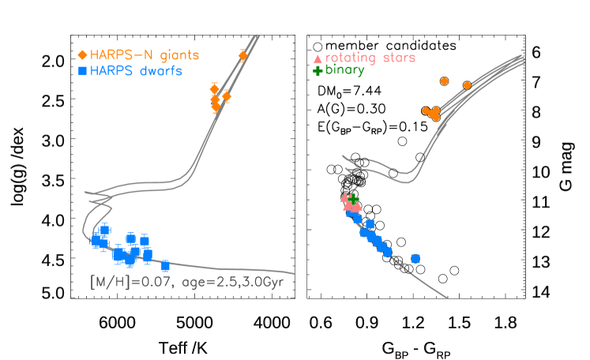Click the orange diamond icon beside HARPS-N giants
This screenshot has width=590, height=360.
[x=81, y=55]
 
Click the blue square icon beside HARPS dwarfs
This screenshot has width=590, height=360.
[x=81, y=71]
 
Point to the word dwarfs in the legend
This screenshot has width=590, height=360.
[x=160, y=71]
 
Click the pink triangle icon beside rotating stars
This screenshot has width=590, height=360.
[x=318, y=58]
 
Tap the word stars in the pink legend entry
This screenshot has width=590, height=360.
[x=400, y=58]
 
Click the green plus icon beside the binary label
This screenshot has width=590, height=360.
[x=318, y=70]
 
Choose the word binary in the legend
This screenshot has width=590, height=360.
[x=345, y=70]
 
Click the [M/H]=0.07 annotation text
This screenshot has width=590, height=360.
[x=124, y=280]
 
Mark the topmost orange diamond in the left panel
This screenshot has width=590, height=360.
[x=242, y=55]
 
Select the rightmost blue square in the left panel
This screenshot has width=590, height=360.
[x=165, y=266]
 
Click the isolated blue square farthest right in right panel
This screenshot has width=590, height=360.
[x=415, y=258]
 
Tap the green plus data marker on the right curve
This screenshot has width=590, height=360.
[x=354, y=198]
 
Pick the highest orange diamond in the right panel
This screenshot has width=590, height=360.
[x=444, y=81]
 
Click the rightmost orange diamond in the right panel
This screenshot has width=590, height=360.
[x=467, y=85]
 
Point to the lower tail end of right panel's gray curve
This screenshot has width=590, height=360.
[x=447, y=298]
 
